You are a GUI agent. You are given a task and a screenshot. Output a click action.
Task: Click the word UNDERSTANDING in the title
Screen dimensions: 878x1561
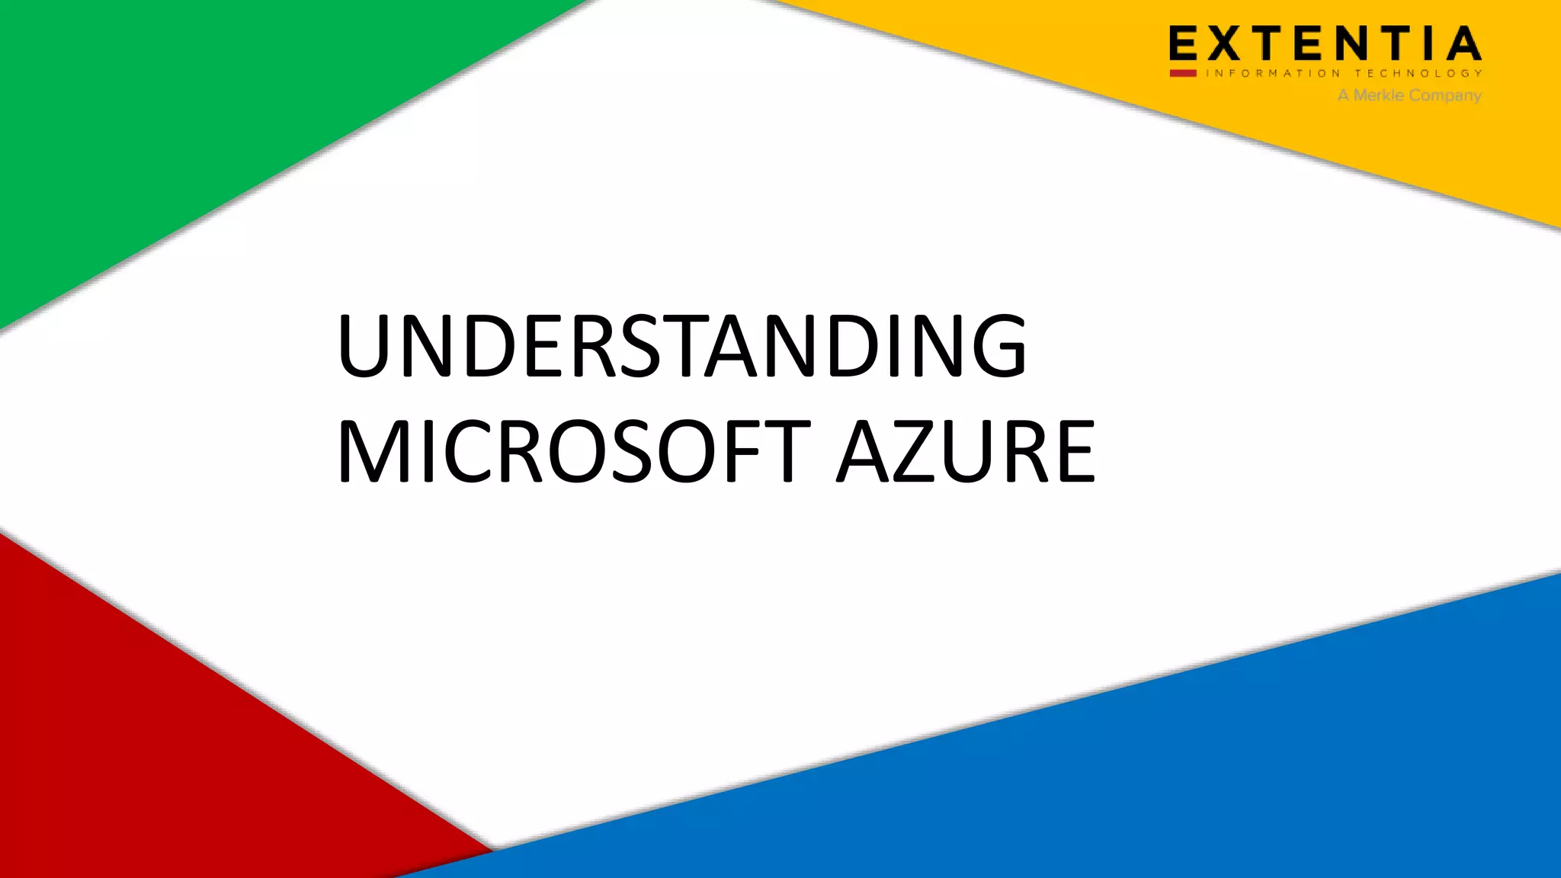[x=681, y=347]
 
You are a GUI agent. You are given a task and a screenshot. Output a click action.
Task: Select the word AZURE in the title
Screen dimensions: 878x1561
[x=966, y=451]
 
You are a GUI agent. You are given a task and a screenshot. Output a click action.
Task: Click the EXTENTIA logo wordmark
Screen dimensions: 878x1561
[x=1325, y=43]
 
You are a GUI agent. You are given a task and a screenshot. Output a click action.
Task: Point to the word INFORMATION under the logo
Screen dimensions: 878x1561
[x=1272, y=74]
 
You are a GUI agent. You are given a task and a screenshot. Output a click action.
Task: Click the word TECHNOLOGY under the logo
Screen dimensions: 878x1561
[x=1418, y=74]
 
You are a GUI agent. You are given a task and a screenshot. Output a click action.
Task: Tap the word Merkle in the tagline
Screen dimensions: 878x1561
[x=1378, y=95]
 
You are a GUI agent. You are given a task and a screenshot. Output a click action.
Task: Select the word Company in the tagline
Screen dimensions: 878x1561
[x=1445, y=96]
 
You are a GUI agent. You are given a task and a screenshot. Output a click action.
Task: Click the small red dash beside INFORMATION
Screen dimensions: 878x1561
[x=1183, y=73]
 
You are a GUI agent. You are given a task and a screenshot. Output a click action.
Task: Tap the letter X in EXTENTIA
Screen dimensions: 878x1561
[x=1225, y=43]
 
